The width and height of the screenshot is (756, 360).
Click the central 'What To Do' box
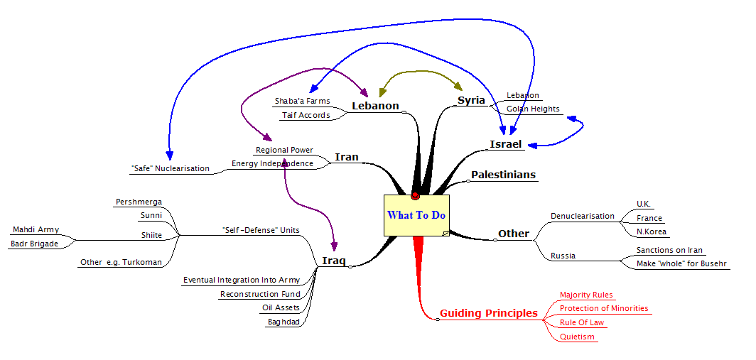click(417, 215)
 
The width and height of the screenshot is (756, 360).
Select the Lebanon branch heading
click(375, 107)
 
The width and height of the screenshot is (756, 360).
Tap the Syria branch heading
click(471, 100)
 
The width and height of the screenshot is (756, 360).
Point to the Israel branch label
click(506, 145)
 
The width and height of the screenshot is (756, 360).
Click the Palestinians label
click(503, 175)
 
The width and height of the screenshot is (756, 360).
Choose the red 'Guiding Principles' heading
click(488, 313)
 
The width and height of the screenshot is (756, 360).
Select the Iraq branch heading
click(333, 261)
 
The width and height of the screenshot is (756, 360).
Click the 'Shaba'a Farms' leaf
click(302, 102)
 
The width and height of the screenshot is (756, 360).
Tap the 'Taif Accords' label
click(306, 115)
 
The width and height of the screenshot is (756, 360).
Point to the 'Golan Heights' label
click(533, 109)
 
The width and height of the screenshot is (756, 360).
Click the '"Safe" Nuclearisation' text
click(170, 169)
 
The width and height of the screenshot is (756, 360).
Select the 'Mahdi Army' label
click(36, 230)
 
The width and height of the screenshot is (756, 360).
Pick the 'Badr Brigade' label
click(34, 244)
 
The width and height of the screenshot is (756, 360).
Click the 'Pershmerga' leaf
click(139, 202)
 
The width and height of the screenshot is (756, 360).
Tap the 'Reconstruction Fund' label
click(260, 294)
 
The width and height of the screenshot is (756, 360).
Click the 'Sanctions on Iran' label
click(669, 250)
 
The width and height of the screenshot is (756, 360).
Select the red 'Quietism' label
click(577, 337)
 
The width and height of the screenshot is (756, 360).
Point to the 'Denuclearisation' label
click(583, 216)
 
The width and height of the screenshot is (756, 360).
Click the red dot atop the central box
click(415, 196)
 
